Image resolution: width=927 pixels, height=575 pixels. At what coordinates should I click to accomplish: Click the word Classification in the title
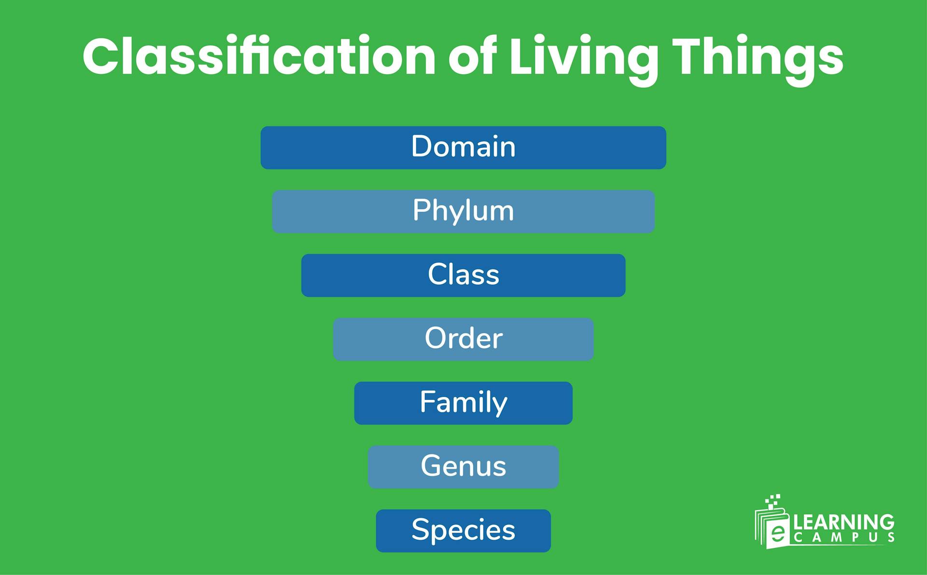click(x=259, y=57)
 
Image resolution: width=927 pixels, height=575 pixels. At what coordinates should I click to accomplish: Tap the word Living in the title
click(x=584, y=57)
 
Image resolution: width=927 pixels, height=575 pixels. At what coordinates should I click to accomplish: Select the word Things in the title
click(x=758, y=57)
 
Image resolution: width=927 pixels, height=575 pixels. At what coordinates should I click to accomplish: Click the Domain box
click(x=463, y=147)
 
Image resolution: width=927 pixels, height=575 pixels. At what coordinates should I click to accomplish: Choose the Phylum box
click(x=463, y=211)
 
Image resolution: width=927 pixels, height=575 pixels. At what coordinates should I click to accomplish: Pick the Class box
click(x=463, y=275)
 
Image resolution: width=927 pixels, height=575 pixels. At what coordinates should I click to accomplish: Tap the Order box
click(x=463, y=339)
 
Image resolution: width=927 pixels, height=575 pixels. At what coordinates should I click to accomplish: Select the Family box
click(x=463, y=403)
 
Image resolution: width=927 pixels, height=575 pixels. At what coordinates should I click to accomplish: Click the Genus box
click(x=463, y=467)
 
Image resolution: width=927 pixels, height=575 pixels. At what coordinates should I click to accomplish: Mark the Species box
click(x=463, y=531)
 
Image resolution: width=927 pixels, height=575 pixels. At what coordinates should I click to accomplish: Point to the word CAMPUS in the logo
click(x=844, y=538)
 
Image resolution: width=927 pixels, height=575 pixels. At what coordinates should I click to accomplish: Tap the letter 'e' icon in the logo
click(x=777, y=533)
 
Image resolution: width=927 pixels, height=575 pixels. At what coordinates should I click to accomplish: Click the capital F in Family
click(x=426, y=402)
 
